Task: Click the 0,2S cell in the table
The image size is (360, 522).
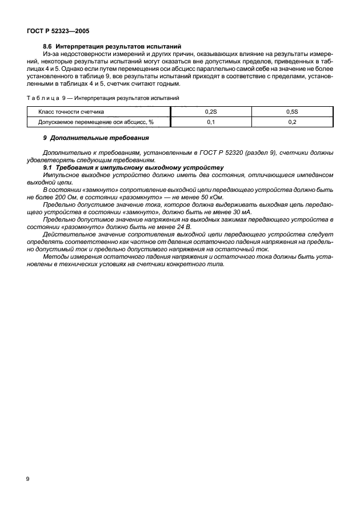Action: point(210,112)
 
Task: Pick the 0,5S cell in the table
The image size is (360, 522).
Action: point(291,112)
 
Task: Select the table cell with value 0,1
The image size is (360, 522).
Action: point(210,122)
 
